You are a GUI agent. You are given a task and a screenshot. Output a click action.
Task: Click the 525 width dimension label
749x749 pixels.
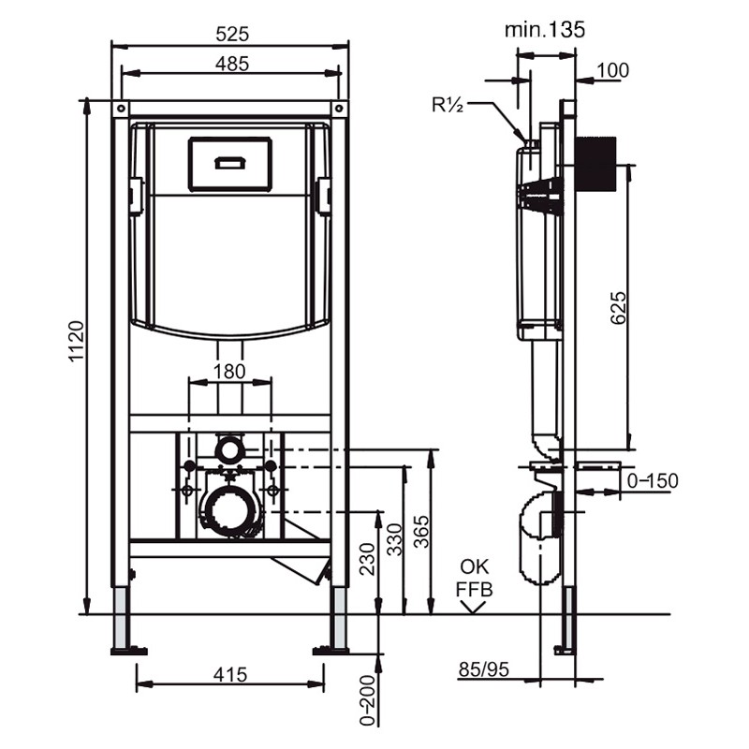click(x=232, y=34)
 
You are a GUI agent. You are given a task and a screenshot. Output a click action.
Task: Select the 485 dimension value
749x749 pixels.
click(x=232, y=64)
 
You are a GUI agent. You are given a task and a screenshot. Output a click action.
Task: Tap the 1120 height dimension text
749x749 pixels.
click(x=77, y=342)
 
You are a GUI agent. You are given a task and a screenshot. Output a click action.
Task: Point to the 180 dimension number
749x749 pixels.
click(x=229, y=371)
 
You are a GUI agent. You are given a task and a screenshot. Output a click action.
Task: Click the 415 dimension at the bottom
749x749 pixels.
click(x=230, y=674)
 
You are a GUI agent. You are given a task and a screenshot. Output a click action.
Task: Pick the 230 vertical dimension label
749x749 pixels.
click(x=367, y=559)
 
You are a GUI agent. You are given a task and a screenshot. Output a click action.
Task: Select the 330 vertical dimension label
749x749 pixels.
click(x=394, y=540)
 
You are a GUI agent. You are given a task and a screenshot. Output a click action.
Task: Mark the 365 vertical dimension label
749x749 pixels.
click(x=420, y=531)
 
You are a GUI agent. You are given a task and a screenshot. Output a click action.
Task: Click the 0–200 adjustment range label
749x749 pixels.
click(x=367, y=700)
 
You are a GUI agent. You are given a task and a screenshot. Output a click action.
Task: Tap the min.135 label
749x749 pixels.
click(x=545, y=30)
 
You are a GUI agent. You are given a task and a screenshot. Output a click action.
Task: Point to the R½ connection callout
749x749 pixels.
click(x=448, y=105)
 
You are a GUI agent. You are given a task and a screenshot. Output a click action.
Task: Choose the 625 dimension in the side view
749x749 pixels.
click(x=618, y=308)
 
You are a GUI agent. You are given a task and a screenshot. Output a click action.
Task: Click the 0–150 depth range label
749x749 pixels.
click(x=653, y=480)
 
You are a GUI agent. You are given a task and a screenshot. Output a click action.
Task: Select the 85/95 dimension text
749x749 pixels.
click(x=484, y=669)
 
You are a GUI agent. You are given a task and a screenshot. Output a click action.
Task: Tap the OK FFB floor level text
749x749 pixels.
click(x=474, y=578)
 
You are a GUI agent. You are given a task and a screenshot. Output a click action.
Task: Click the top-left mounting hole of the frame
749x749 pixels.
click(x=121, y=109)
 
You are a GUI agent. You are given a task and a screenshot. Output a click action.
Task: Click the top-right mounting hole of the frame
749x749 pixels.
click(x=339, y=109)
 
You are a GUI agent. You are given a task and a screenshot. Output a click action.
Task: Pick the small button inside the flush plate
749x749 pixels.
click(x=230, y=163)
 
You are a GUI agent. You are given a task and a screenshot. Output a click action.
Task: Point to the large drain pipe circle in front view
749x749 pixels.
click(x=230, y=510)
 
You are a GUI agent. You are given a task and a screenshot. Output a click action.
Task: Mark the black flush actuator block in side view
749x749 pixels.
click(x=596, y=164)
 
